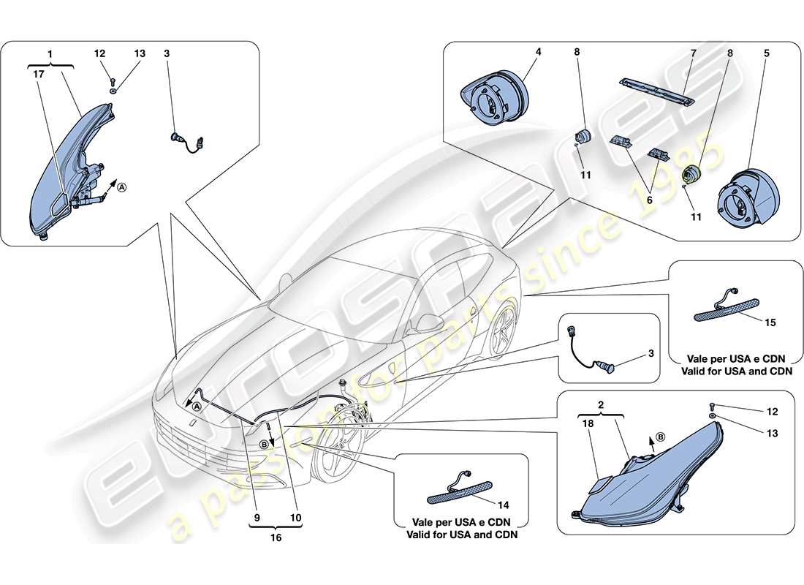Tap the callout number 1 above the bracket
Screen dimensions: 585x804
tap(49, 53)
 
